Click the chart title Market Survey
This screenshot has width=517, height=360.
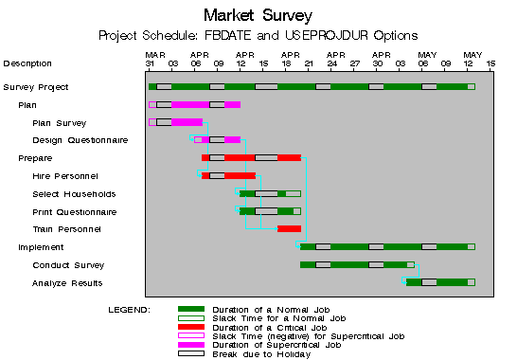258,15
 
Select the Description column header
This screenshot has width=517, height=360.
27,63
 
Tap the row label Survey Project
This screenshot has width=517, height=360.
35,87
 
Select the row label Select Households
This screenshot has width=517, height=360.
73,194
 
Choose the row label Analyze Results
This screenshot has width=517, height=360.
68,283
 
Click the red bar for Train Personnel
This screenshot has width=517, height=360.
289,228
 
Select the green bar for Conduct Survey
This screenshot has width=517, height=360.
331,264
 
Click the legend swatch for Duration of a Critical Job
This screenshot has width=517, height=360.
191,327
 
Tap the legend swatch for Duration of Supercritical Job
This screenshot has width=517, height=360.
191,344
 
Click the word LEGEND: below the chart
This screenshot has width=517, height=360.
129,310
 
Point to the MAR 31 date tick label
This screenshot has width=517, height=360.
154,60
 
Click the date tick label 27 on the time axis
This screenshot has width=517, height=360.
355,64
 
